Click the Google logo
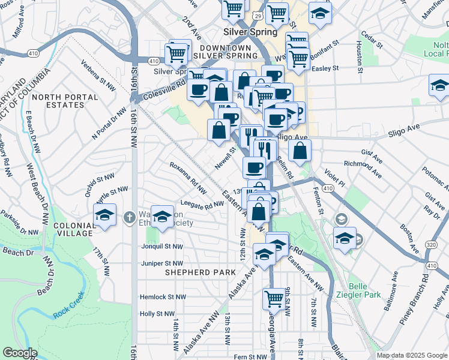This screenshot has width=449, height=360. tap(19, 353)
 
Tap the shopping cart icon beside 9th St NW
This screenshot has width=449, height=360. tap(274, 298)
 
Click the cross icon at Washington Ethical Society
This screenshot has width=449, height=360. tap(128, 217)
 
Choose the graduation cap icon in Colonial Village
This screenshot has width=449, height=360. tap(104, 216)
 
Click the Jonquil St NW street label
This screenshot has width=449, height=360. tap(161, 247)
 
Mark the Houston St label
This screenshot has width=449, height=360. tap(359, 57)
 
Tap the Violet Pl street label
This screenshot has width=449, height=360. tap(335, 176)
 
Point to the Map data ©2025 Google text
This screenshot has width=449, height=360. tap(412, 355)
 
